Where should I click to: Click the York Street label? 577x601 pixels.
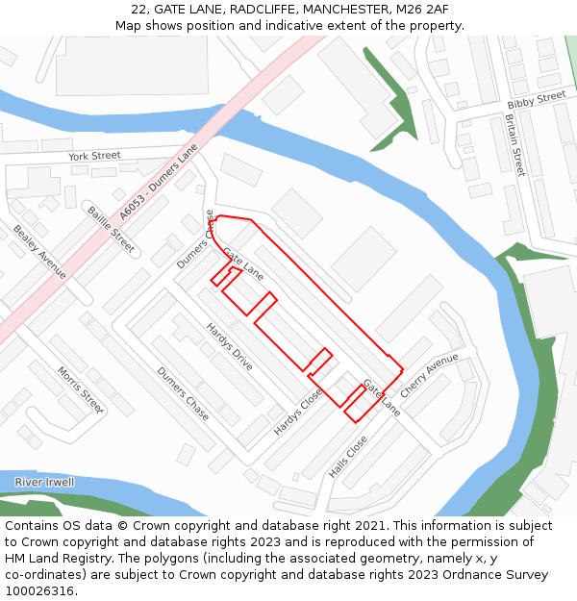click(94, 155)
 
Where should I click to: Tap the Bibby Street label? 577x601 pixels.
click(537, 99)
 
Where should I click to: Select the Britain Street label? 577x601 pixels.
click(515, 145)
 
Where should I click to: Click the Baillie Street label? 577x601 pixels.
click(111, 229)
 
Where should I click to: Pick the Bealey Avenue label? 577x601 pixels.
click(39, 252)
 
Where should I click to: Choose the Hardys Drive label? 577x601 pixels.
click(230, 346)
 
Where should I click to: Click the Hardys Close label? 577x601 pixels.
click(298, 412)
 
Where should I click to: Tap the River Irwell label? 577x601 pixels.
click(44, 482)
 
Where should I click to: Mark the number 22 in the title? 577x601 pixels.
click(140, 9)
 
